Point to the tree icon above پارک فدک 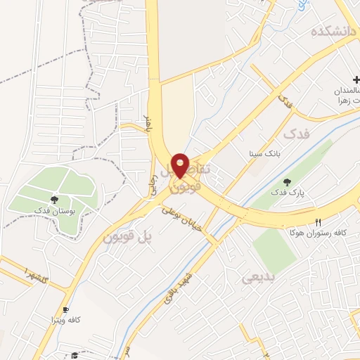coord(286,182)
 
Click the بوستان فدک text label coord(54,210)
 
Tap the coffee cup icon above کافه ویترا coord(66,309)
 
